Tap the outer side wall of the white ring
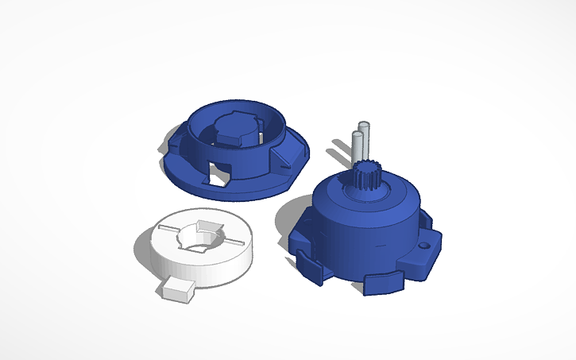[x=215, y=270]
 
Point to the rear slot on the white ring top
[x=208, y=224]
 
